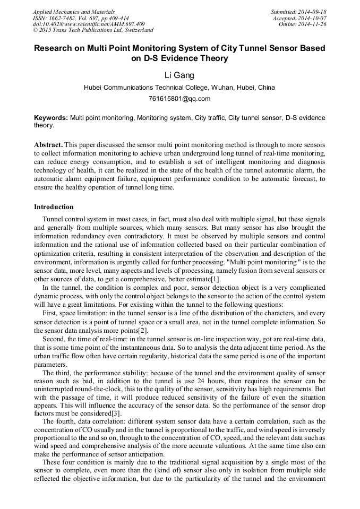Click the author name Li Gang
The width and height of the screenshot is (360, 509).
(179, 75)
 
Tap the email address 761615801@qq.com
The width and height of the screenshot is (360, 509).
(179, 98)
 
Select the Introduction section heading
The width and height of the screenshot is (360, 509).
(54, 206)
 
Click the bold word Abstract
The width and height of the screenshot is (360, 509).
(48, 144)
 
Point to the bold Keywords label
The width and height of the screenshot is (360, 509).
(51, 117)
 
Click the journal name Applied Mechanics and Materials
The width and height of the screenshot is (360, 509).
(73, 12)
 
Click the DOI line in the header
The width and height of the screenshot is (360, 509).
(88, 24)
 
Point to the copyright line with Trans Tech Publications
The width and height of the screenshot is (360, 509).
(93, 31)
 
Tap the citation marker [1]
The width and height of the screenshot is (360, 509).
(215, 279)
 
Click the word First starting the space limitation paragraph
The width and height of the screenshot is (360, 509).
(50, 314)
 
